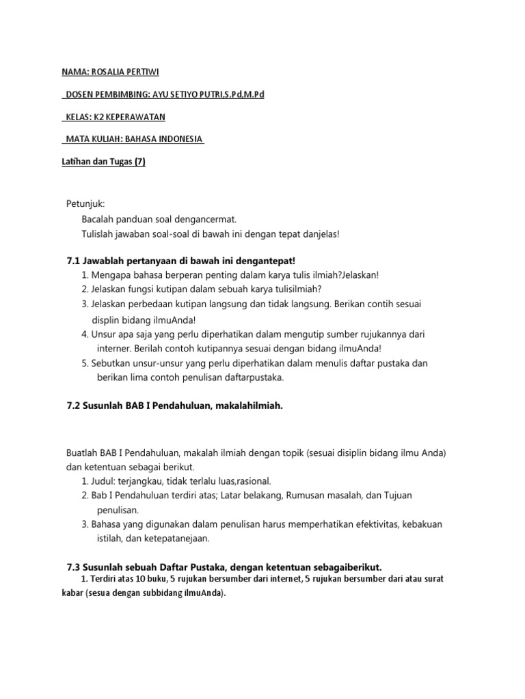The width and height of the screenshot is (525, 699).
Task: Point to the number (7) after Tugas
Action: tap(139, 162)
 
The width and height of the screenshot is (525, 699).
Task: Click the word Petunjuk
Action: tap(86, 204)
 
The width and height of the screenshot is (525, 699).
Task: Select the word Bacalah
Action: tap(98, 219)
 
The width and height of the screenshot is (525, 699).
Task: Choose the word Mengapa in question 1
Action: tap(110, 274)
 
